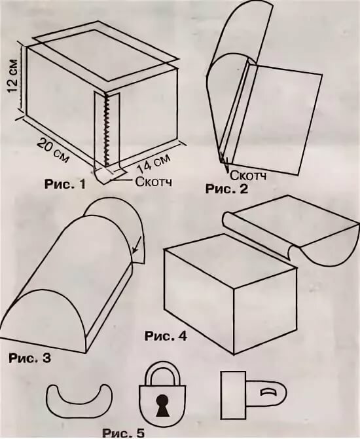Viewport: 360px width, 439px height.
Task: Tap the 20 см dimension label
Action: click(x=53, y=150)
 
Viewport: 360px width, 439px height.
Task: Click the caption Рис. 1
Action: click(x=65, y=184)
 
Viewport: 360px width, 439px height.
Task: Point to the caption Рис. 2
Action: click(x=226, y=189)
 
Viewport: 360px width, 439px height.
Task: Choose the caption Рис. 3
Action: click(x=30, y=358)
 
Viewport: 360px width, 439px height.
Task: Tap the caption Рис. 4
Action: click(x=166, y=336)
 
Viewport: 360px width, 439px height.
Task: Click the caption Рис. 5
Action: click(x=123, y=433)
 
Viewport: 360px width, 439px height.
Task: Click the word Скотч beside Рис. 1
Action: click(x=154, y=181)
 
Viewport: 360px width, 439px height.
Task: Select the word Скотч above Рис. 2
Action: click(x=248, y=176)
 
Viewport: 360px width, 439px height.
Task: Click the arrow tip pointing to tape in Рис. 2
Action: click(x=226, y=170)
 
